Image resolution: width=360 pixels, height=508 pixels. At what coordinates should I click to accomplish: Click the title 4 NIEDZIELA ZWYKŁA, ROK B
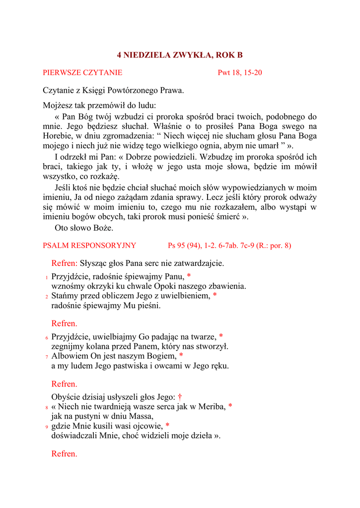[180, 55]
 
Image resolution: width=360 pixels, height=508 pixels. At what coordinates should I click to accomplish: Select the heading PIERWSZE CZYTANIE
[82, 73]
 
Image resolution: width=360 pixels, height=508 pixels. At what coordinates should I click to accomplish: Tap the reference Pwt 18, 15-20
[240, 73]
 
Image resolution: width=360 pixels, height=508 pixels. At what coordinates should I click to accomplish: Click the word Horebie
[57, 135]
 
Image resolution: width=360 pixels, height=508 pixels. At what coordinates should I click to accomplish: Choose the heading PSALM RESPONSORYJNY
[89, 245]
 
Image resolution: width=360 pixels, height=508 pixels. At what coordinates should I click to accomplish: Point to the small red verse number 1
[46, 277]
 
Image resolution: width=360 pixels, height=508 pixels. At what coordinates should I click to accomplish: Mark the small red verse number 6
[46, 337]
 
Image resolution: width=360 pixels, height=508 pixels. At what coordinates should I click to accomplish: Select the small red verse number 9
[46, 427]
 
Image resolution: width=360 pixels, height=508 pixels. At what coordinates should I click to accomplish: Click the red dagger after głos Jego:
[180, 396]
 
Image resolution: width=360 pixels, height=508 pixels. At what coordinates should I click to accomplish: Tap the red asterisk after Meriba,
[230, 406]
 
